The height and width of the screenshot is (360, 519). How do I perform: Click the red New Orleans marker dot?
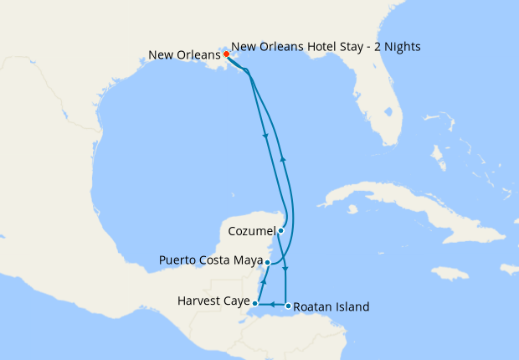click(226, 54)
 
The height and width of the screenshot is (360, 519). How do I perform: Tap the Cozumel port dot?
click(281, 230)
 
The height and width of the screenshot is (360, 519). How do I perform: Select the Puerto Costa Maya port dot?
click(267, 262)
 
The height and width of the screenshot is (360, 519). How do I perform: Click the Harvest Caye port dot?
click(255, 303)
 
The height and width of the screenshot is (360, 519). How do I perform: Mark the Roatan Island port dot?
click(288, 306)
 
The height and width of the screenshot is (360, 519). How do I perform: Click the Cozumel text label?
click(251, 230)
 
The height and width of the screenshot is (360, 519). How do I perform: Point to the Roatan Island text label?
click(332, 307)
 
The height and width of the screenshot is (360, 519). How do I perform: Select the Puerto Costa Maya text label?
click(210, 260)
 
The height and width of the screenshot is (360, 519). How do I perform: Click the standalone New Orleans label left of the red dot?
click(184, 55)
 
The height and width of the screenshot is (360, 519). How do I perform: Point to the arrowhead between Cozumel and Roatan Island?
click(286, 269)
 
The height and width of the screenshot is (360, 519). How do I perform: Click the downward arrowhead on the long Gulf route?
click(265, 136)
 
